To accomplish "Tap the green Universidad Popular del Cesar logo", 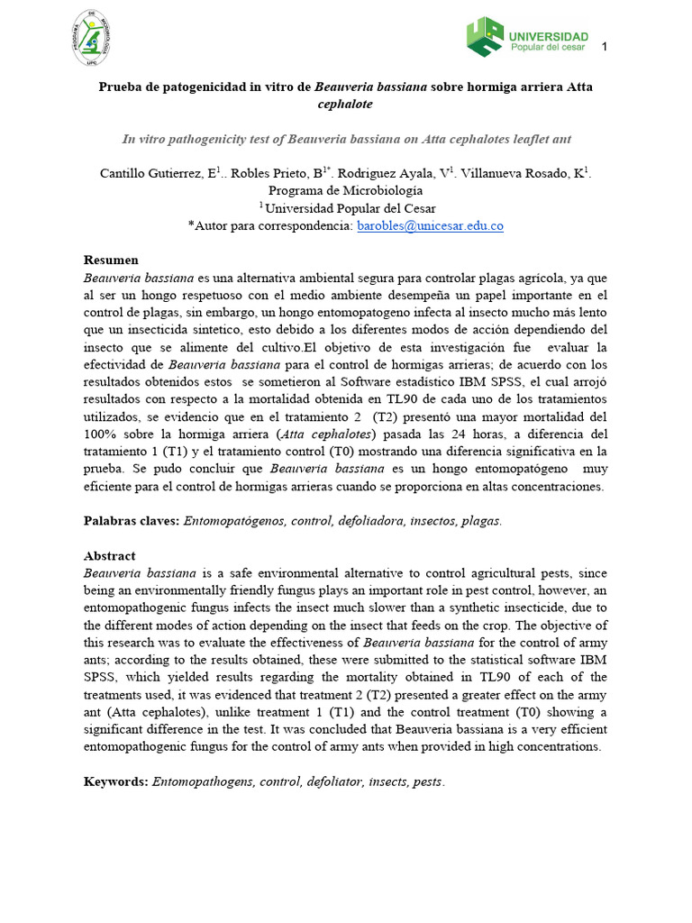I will point(528,38).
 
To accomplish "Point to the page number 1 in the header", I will point(605,47).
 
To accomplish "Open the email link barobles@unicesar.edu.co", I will point(431,225).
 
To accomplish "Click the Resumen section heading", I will point(111,260).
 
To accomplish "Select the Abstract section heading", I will point(109,556).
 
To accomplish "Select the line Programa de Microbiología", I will point(346,191).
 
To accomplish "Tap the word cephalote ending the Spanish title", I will point(346,105).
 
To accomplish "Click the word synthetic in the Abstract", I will point(478,608).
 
